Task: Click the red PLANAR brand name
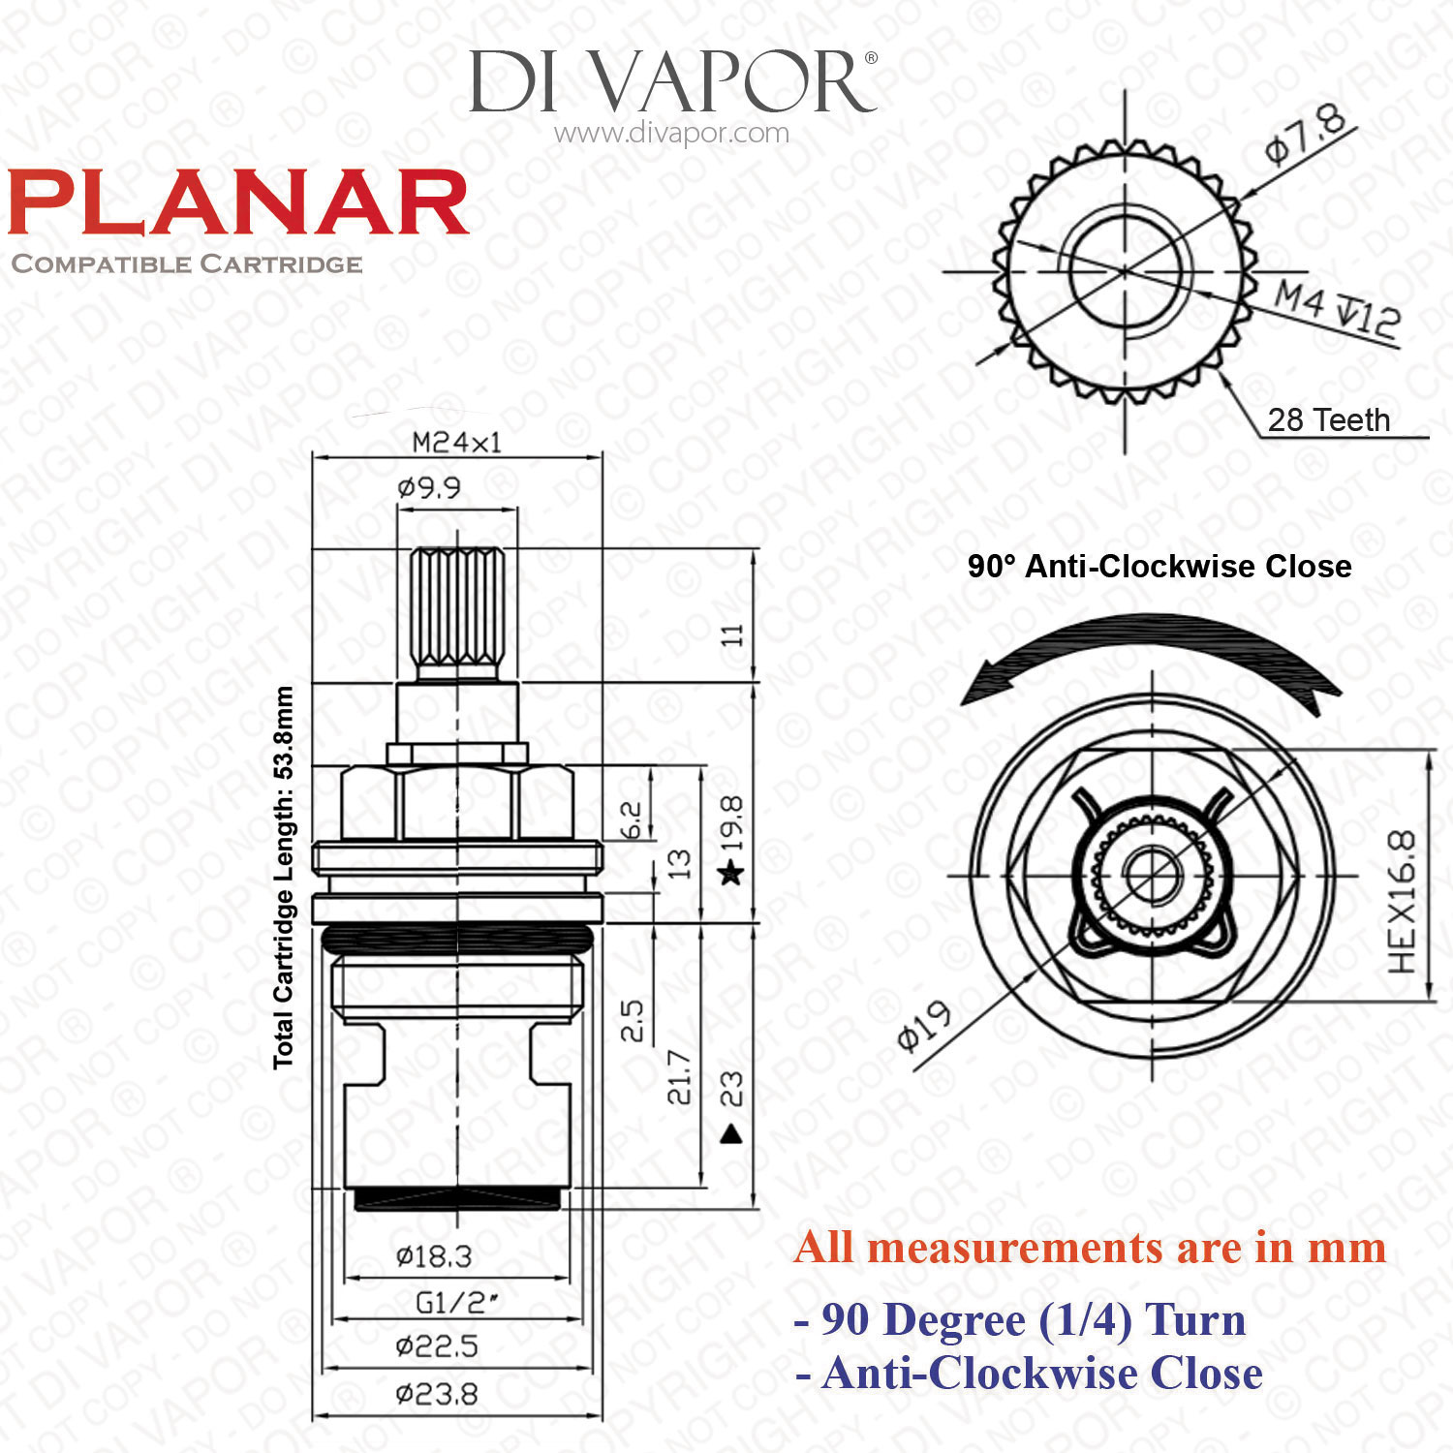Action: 238,203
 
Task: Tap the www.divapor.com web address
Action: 671,133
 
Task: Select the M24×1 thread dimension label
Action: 457,443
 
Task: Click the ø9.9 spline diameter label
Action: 429,487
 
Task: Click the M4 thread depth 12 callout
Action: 1337,309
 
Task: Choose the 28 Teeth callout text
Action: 1329,419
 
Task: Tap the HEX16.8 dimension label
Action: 1402,902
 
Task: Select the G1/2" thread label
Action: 457,1303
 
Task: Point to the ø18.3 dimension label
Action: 434,1256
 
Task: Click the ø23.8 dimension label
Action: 437,1394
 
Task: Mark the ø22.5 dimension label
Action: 437,1345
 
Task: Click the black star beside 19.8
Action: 731,874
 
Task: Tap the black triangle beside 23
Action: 731,1132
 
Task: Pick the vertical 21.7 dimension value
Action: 679,1077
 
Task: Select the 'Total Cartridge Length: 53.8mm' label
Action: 283,878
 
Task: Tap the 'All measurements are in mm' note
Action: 1090,1248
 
